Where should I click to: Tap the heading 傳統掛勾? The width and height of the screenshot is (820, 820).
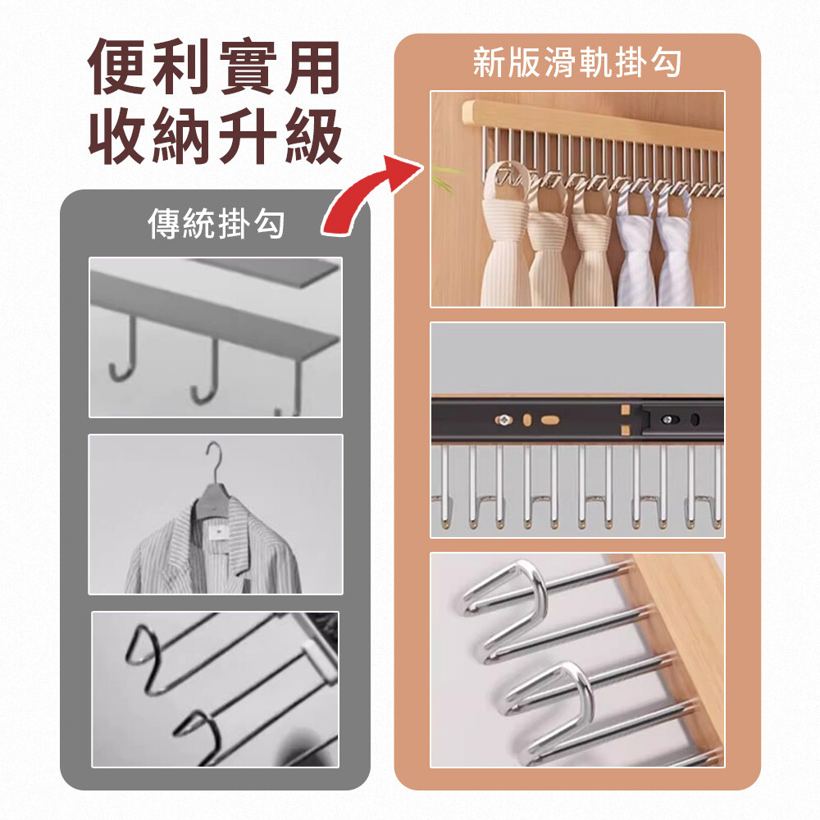(216, 223)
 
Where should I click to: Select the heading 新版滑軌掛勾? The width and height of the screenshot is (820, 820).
(576, 63)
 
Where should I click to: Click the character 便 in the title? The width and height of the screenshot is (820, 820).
(117, 66)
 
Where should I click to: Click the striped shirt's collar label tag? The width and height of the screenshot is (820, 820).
(216, 532)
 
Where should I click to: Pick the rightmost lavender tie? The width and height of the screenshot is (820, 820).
(675, 246)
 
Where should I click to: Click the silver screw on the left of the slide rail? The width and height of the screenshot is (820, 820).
(503, 419)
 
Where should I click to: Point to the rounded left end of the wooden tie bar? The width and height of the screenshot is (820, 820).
(468, 113)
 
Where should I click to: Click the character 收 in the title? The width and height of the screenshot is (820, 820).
(117, 136)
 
